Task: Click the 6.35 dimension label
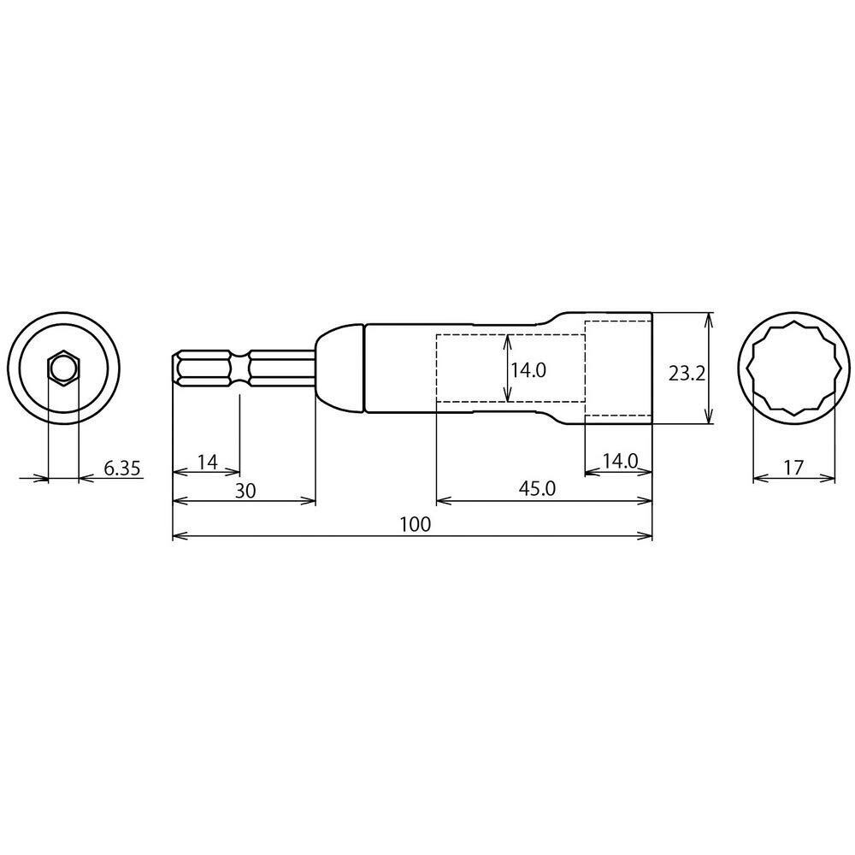tap(122, 469)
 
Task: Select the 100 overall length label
tap(416, 525)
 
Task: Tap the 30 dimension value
tap(245, 491)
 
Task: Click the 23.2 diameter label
tap(687, 374)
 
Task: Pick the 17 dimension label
tap(793, 468)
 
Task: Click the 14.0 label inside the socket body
tap(528, 371)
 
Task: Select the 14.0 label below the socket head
tap(620, 462)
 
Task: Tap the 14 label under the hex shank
tap(208, 463)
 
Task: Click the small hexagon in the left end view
tap(63, 369)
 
